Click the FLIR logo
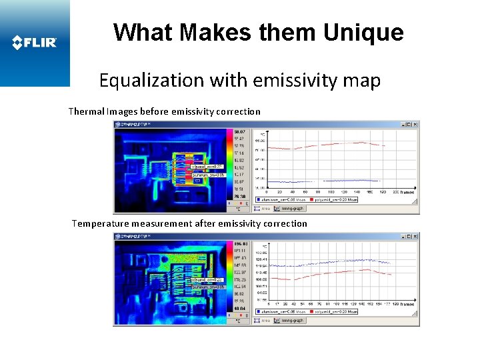[x=35, y=43]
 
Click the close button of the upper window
[x=416, y=124]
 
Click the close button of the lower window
[x=416, y=236]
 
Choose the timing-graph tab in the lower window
[x=292, y=320]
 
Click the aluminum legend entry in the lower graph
[x=283, y=311]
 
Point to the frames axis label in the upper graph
[x=407, y=193]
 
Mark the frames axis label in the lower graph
[x=407, y=305]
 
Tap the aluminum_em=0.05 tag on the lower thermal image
[x=209, y=286]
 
